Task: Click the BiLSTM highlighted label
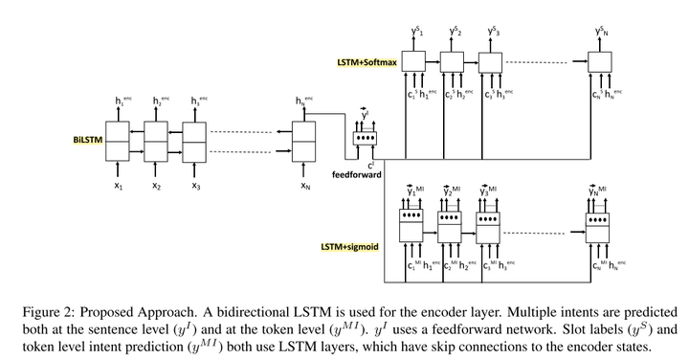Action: point(87,139)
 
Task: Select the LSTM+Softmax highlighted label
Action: point(367,62)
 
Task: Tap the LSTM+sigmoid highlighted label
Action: point(349,247)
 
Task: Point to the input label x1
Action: point(118,186)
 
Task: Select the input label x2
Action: point(157,186)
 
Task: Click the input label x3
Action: point(194,186)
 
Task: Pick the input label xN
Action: point(304,186)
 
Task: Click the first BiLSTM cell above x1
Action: point(117,142)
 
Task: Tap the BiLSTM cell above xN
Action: point(303,142)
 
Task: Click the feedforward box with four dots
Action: point(364,138)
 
